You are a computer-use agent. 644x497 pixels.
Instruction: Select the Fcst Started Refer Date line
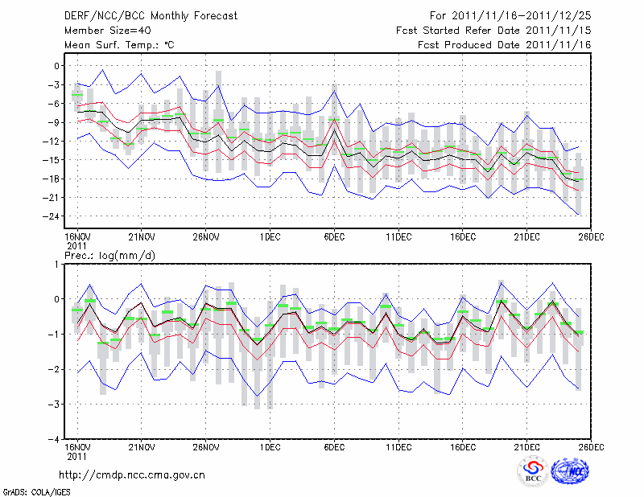coord(493,30)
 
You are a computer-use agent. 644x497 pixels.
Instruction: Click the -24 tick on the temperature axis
coord(53,216)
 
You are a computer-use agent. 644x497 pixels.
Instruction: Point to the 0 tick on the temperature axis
coord(57,66)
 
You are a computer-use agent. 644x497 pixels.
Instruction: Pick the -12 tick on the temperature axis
coord(53,142)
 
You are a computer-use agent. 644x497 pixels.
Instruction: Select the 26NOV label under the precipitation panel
coord(206,447)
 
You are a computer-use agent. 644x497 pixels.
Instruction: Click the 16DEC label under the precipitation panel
coord(463,447)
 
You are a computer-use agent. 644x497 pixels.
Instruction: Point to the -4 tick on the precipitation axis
coord(55,439)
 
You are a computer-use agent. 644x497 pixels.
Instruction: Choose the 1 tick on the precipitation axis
coord(57,264)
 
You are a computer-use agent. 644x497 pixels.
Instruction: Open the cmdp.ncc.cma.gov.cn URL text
coord(132,474)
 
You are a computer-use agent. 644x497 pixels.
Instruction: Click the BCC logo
coord(533,471)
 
